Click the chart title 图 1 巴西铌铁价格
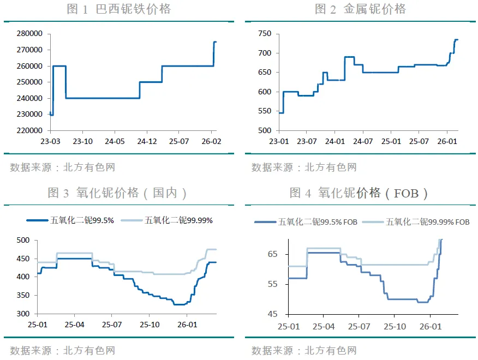[x=118, y=9]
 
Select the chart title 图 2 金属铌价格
[x=360, y=9]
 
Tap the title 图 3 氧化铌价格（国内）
[x=118, y=193]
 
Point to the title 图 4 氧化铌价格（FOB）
[x=359, y=193]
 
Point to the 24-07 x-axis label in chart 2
[x=362, y=142]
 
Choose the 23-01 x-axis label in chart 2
[x=278, y=142]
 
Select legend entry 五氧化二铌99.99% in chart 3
[x=178, y=220]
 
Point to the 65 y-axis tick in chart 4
[x=273, y=255]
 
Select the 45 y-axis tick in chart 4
[x=273, y=314]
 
